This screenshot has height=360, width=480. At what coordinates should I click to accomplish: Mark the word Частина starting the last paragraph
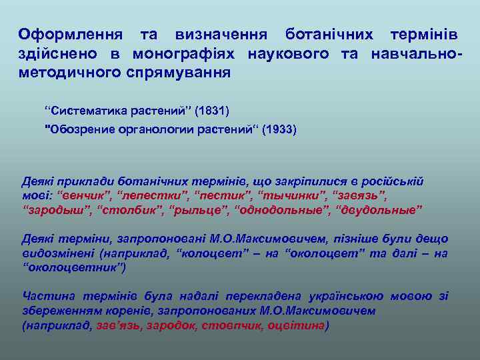46,296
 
